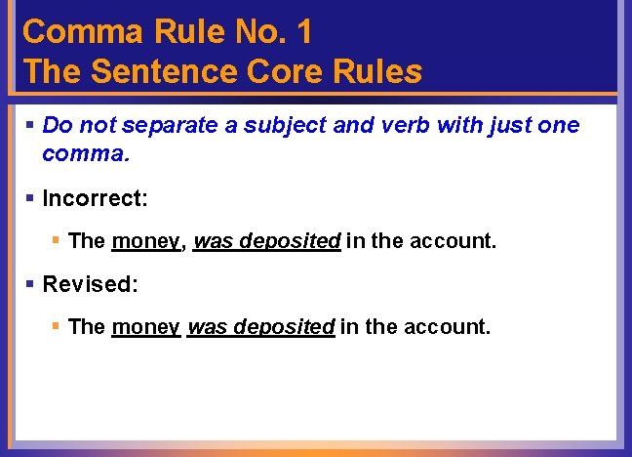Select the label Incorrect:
tap(96, 198)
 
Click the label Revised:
tap(91, 284)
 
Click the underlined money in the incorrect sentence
tap(146, 240)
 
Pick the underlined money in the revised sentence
tap(146, 326)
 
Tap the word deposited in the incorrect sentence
tap(292, 240)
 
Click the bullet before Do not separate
tap(30, 125)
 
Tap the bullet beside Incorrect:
tap(30, 198)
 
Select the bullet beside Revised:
tap(30, 284)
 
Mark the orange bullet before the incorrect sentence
tap(57, 240)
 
